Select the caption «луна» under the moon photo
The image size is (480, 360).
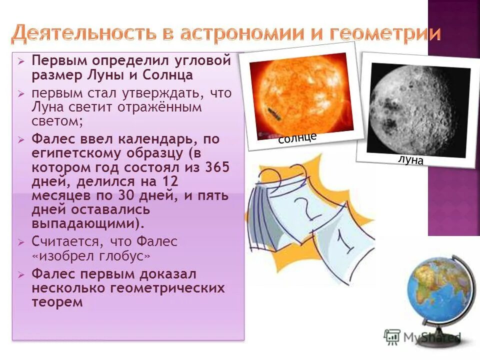click(410, 160)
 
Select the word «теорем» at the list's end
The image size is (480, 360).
click(56, 302)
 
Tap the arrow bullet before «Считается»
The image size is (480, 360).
click(20, 242)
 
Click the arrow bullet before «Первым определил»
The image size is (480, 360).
click(20, 61)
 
